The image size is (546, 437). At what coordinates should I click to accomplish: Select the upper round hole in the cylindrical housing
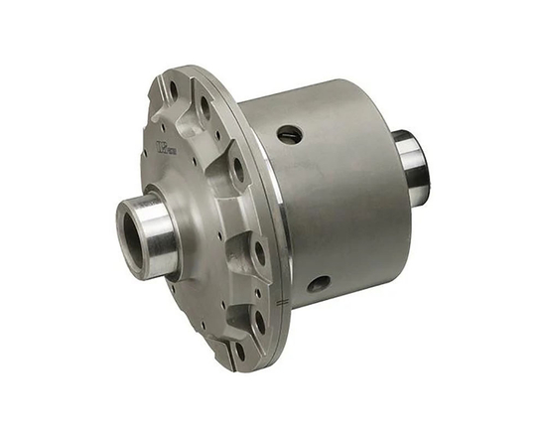coord(289,133)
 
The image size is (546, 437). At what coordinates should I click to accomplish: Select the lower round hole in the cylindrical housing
coord(318,284)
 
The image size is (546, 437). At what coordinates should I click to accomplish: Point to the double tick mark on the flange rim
coord(286,297)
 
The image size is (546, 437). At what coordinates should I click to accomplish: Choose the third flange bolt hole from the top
coord(238,168)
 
